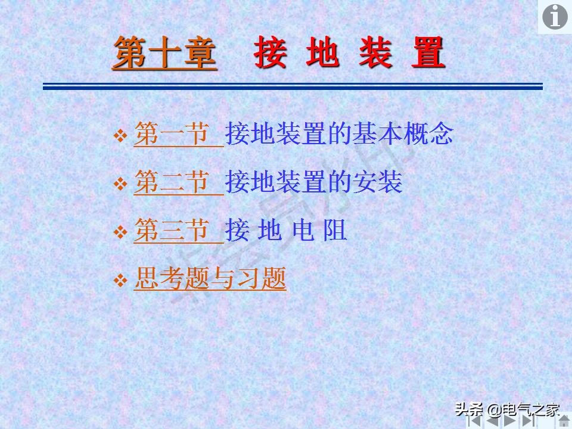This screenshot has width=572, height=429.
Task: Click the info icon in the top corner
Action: point(554,17)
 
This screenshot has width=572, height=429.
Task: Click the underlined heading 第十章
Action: point(164,52)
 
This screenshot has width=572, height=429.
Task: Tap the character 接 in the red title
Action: point(271,52)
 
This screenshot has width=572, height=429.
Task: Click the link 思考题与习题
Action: point(210,279)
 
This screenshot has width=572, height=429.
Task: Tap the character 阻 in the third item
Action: point(335,231)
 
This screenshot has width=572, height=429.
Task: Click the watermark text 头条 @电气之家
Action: point(508,409)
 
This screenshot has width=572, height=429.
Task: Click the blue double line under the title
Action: point(293,87)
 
